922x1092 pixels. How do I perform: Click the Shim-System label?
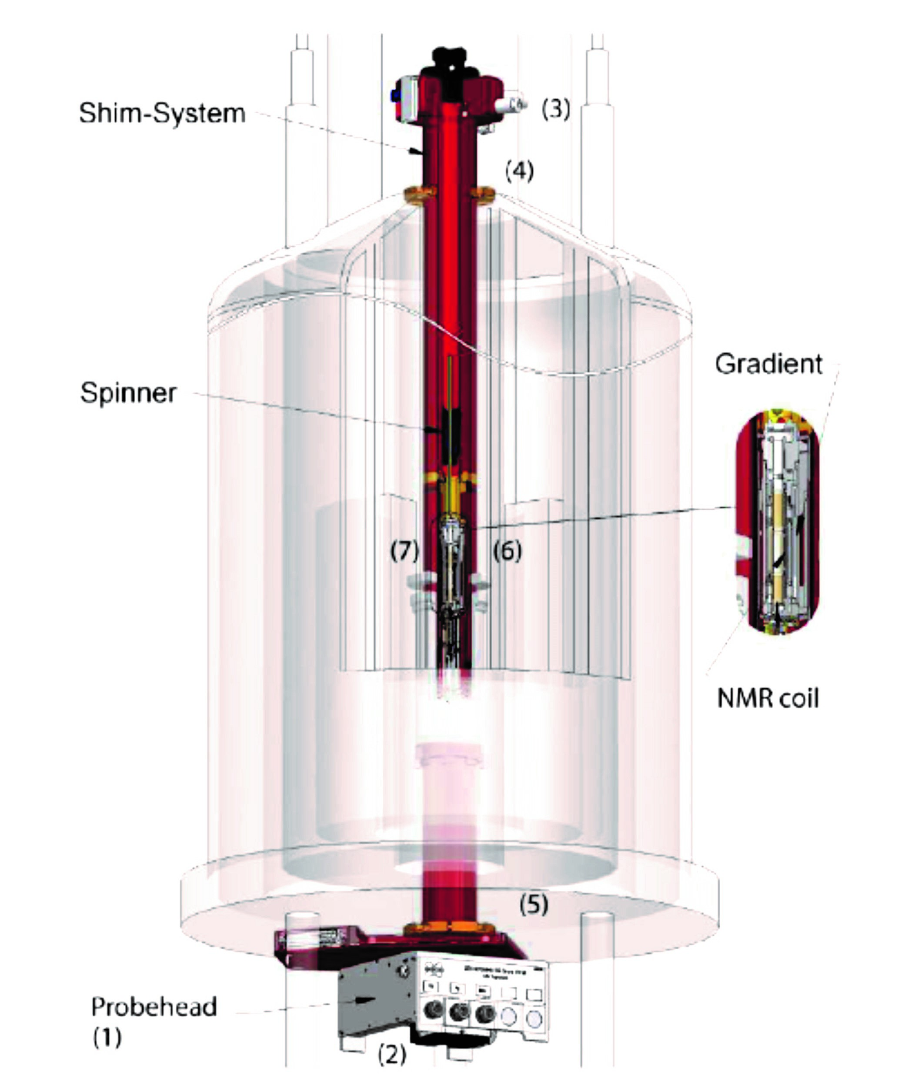pos(162,114)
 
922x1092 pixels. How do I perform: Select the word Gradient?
pos(768,364)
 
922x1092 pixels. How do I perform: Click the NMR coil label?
pos(767,698)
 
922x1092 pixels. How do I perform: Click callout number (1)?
pos(107,1037)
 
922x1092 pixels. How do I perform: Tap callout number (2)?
pos(392,1055)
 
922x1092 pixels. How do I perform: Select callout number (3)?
pos(555,109)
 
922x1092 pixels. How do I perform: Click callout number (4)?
pos(519,171)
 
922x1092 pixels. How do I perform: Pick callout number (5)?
pos(534,904)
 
